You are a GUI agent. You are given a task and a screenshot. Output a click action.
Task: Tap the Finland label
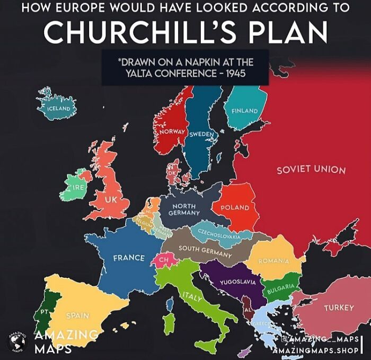pos(244,111)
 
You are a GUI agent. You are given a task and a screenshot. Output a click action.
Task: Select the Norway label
pos(172,130)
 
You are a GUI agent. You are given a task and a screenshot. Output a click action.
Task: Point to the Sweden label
pos(202,134)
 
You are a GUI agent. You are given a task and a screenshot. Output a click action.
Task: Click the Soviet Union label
pos(311,170)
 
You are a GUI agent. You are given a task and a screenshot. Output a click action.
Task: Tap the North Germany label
pos(184,209)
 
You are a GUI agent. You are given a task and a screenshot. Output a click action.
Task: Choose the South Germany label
pos(205,252)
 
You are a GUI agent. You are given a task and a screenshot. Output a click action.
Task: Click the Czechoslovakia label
pos(219,234)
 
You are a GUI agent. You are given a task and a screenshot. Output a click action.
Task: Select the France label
pos(128,258)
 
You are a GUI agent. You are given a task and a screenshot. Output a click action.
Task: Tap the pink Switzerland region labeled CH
pos(164,260)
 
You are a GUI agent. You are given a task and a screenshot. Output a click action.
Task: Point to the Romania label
pos(273,261)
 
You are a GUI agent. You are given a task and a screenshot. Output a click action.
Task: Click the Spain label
pos(77,315)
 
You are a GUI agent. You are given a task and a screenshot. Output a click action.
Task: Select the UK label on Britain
pos(110,199)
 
